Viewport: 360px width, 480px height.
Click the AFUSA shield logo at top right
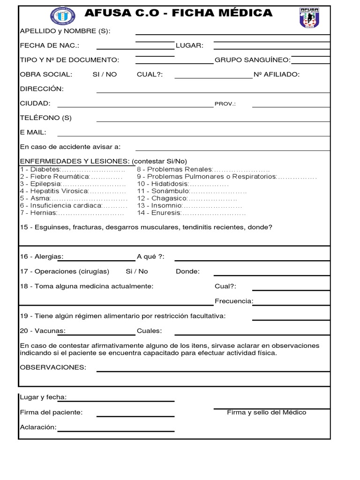pyautogui.click(x=309, y=17)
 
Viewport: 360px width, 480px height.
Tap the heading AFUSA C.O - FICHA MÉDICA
pyautogui.click(x=179, y=13)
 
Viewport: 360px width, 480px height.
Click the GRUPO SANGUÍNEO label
pyautogui.click(x=252, y=60)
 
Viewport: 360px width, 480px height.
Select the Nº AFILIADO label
pyautogui.click(x=276, y=74)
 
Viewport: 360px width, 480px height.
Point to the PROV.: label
pyautogui.click(x=225, y=104)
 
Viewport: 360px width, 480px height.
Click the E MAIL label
pyautogui.click(x=33, y=132)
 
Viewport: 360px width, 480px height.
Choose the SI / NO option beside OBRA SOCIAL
pyautogui.click(x=105, y=74)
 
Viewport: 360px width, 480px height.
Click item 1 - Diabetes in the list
pyautogui.click(x=40, y=169)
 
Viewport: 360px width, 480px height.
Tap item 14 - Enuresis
pyautogui.click(x=159, y=213)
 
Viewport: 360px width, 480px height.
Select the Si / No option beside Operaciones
pyautogui.click(x=136, y=271)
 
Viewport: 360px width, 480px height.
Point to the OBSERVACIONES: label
pyautogui.click(x=53, y=367)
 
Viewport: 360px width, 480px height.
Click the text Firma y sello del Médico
pyautogui.click(x=266, y=412)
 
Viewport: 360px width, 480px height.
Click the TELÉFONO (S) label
pyautogui.click(x=45, y=118)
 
